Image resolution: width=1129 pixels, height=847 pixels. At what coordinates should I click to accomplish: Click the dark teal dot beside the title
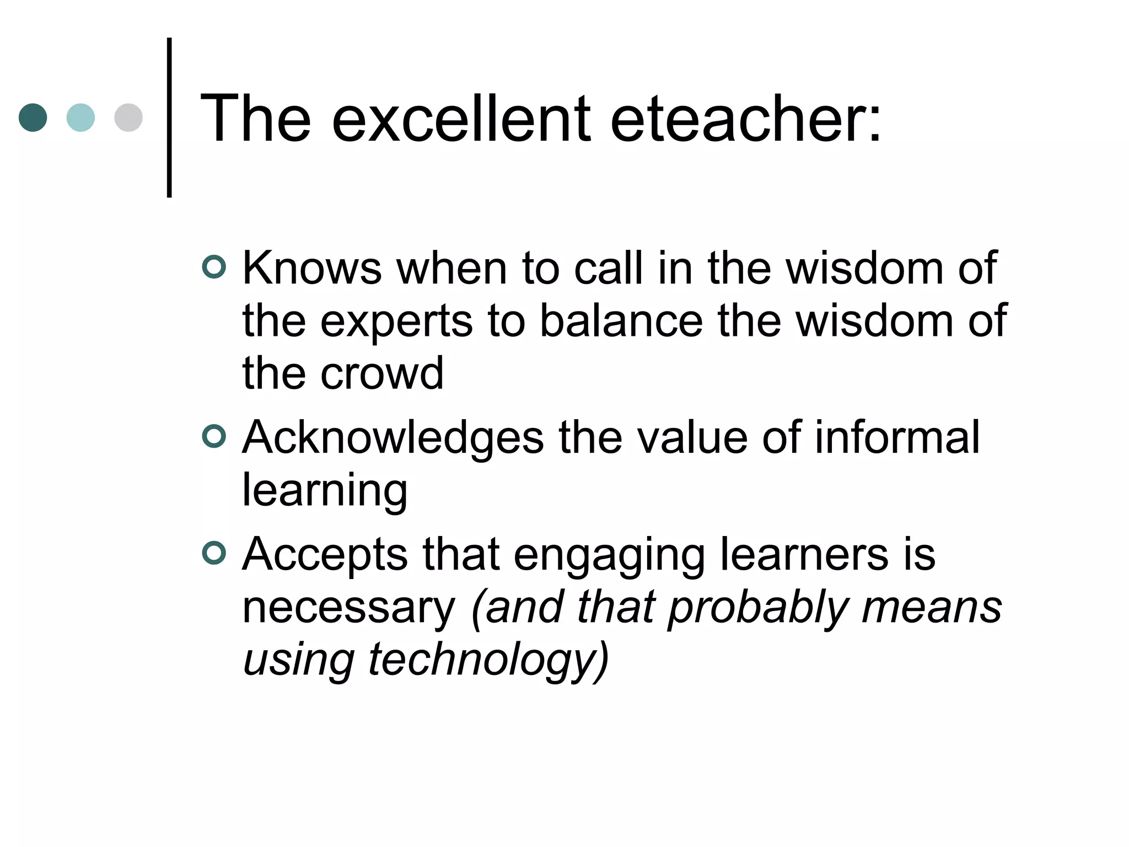coord(33,117)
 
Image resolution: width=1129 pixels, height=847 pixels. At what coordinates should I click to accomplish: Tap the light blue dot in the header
coord(80,117)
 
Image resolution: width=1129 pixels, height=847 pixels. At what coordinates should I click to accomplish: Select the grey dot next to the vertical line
coord(128,117)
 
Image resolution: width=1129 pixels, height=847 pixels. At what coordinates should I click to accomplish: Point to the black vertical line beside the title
coord(169,117)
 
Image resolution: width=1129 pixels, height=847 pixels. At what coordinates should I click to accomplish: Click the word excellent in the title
coord(462,119)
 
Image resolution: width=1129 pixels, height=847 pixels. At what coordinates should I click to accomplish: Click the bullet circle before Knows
coord(214,267)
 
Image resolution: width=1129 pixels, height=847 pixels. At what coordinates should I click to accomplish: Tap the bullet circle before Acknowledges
coord(214,437)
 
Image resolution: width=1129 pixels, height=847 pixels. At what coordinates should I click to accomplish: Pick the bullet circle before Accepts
coord(214,554)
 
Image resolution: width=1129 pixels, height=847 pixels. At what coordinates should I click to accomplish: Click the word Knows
coord(312,269)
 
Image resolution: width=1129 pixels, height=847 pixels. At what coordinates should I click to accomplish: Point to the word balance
coord(621,321)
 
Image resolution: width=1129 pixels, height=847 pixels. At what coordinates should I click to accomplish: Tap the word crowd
coord(382,374)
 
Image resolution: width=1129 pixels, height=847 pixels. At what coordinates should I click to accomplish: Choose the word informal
coord(897,437)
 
